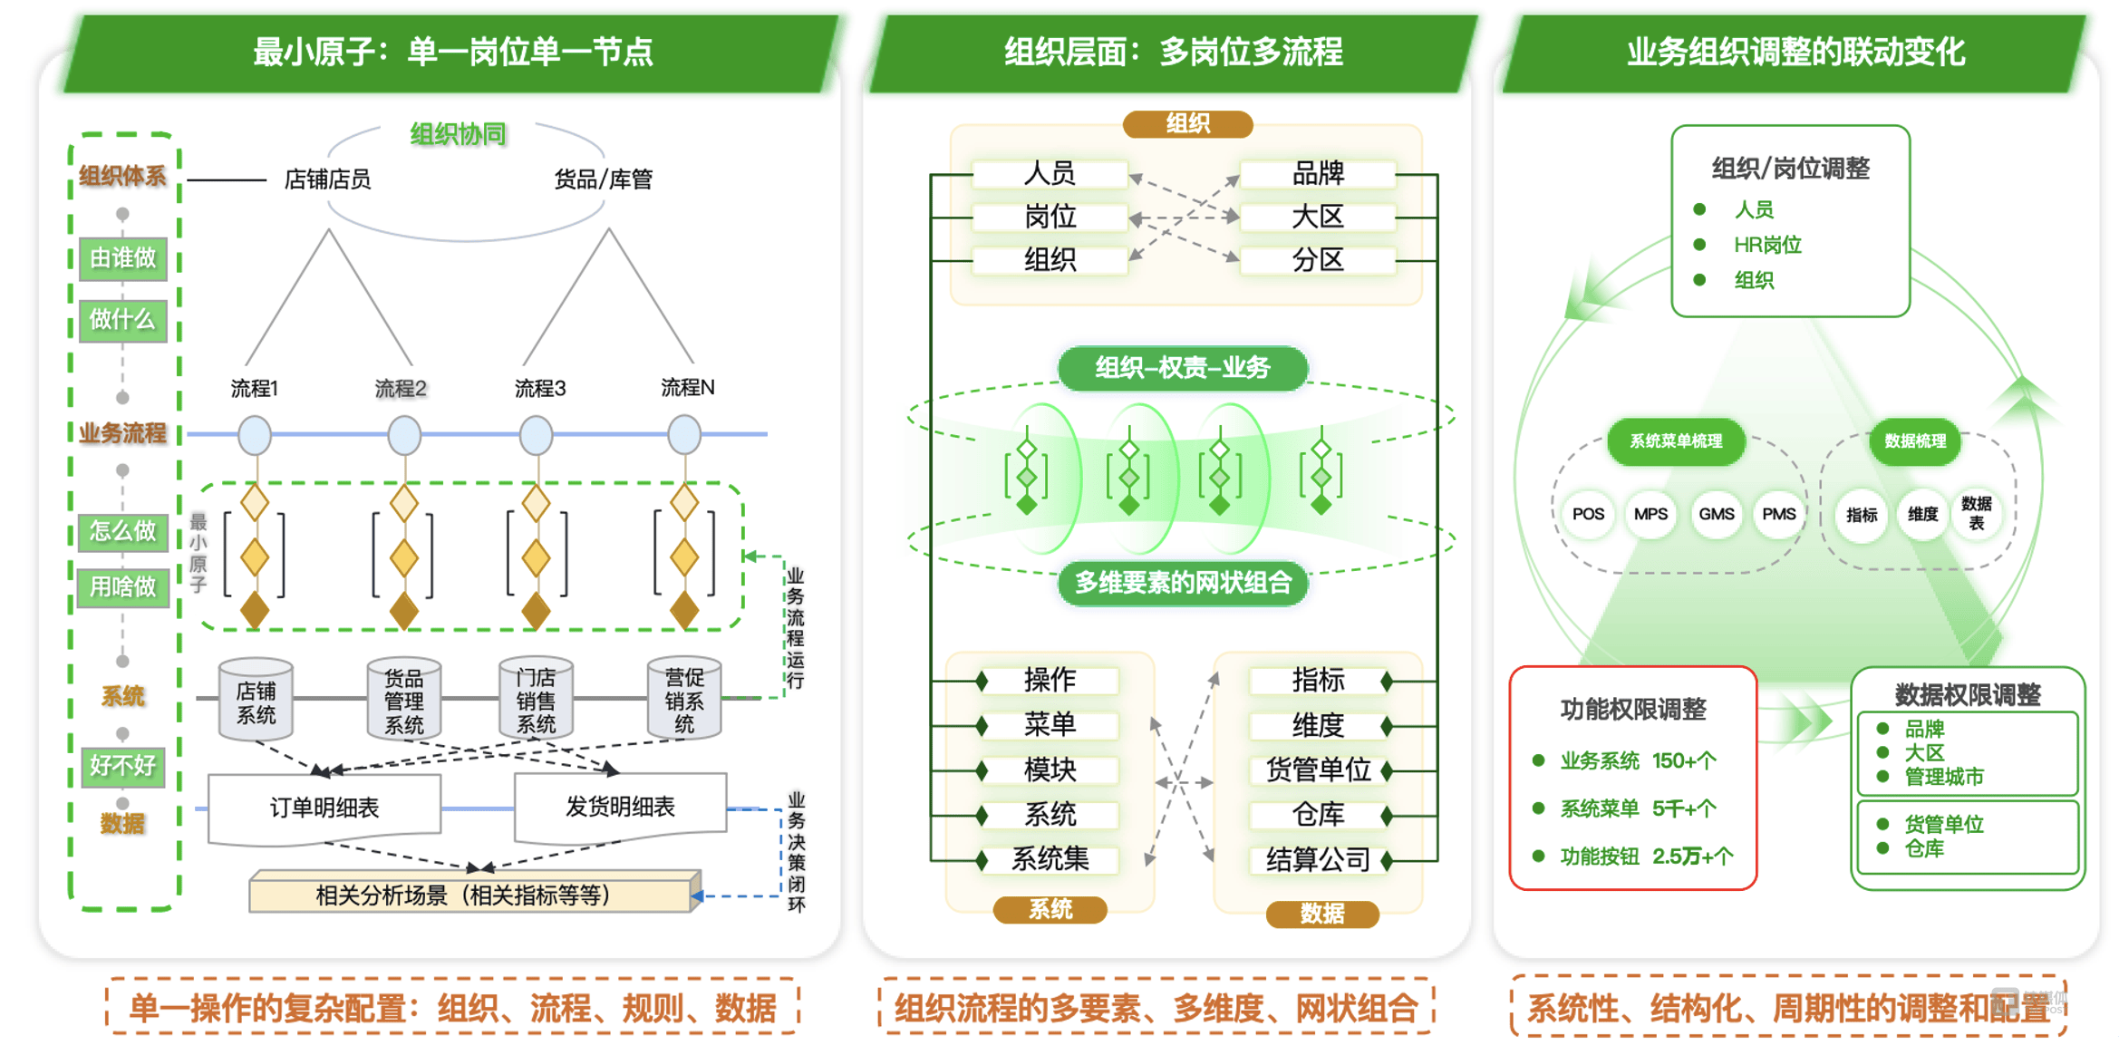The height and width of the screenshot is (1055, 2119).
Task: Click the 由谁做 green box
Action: [x=123, y=258]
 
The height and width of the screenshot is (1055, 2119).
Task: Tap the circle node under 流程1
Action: [x=255, y=435]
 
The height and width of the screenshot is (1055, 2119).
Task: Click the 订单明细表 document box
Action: [x=324, y=808]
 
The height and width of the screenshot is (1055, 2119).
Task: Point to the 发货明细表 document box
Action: [x=620, y=807]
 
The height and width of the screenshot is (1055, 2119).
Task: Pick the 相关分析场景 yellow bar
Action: [x=475, y=895]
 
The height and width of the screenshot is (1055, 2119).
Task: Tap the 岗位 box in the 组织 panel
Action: [x=1050, y=217]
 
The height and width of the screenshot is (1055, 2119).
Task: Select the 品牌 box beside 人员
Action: [x=1318, y=173]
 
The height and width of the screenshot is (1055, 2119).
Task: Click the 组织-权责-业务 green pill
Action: [x=1183, y=368]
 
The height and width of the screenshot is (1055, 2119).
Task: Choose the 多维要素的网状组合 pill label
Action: [x=1183, y=582]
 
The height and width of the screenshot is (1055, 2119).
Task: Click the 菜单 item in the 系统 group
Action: [x=1050, y=724]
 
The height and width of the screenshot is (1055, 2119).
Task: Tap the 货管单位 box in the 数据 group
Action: [x=1318, y=769]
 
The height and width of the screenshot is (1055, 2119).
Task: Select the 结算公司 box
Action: [x=1318, y=858]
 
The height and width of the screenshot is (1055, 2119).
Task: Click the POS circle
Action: [x=1588, y=514]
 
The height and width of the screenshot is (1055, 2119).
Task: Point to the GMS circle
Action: [x=1716, y=514]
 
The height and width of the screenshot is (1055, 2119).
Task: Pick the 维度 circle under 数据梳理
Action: [x=1922, y=514]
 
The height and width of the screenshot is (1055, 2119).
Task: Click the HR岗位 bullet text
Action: [x=1767, y=245]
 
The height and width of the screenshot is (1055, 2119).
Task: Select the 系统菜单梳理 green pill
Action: [x=1676, y=441]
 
